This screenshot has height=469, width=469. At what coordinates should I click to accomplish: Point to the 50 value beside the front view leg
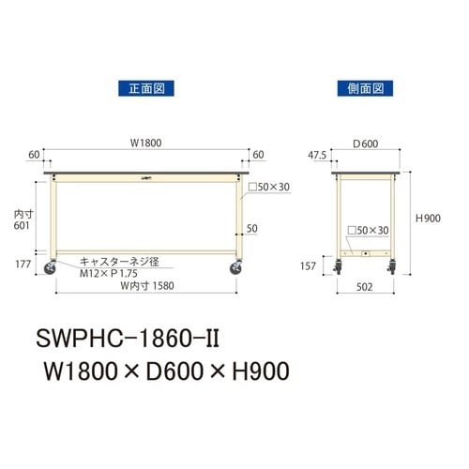[251, 228]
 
